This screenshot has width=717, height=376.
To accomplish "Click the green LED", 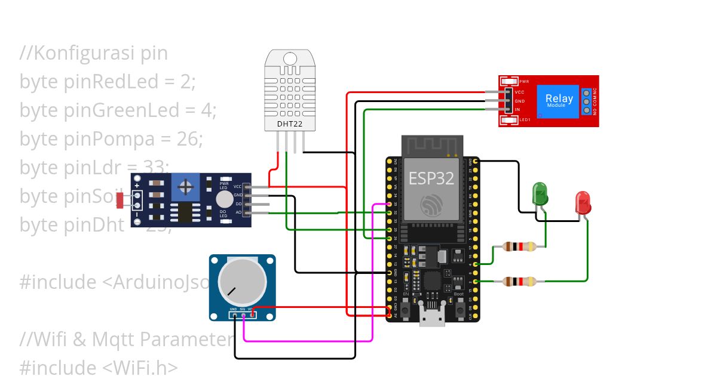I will tap(540, 195).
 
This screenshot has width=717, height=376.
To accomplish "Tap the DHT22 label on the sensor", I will tap(289, 124).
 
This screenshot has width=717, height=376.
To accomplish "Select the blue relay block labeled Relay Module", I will tap(559, 100).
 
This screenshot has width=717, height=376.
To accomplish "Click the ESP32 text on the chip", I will tap(431, 178).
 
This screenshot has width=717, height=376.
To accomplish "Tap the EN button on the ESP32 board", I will tap(406, 310).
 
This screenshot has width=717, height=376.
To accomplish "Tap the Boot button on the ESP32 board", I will tap(459, 310).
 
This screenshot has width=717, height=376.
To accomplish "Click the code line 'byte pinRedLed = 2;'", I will tap(108, 82).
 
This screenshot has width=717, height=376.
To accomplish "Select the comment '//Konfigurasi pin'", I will tap(94, 53).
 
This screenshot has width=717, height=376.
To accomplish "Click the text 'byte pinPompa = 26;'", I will tap(111, 139).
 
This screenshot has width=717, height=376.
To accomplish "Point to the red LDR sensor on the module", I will tap(121, 201).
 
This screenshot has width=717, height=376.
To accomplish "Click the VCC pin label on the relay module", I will tap(519, 93).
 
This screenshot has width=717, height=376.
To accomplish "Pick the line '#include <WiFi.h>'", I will tap(99, 366).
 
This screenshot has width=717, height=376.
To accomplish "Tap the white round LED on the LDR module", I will tap(224, 199).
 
